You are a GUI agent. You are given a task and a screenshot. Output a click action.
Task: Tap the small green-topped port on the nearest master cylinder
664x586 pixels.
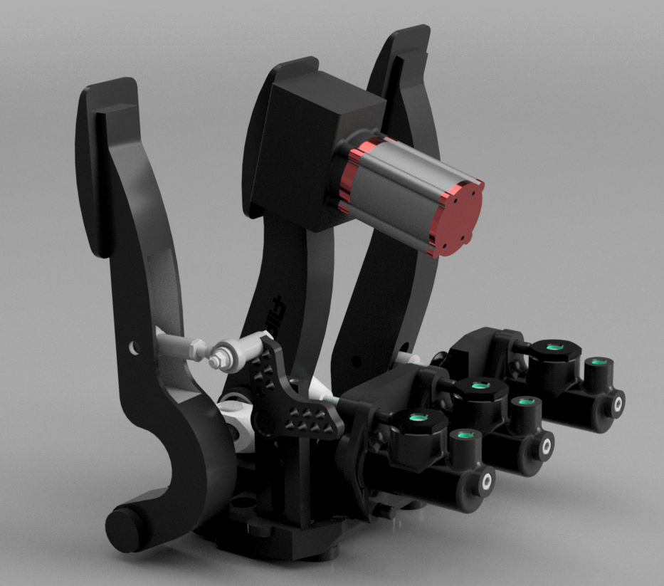pos(464,435)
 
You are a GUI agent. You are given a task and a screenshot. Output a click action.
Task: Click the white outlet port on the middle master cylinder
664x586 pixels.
pos(547,446)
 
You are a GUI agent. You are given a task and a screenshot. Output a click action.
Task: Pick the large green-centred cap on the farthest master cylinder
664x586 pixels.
pos(554,347)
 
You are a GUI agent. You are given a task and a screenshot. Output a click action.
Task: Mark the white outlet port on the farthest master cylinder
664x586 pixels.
pos(617,403)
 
